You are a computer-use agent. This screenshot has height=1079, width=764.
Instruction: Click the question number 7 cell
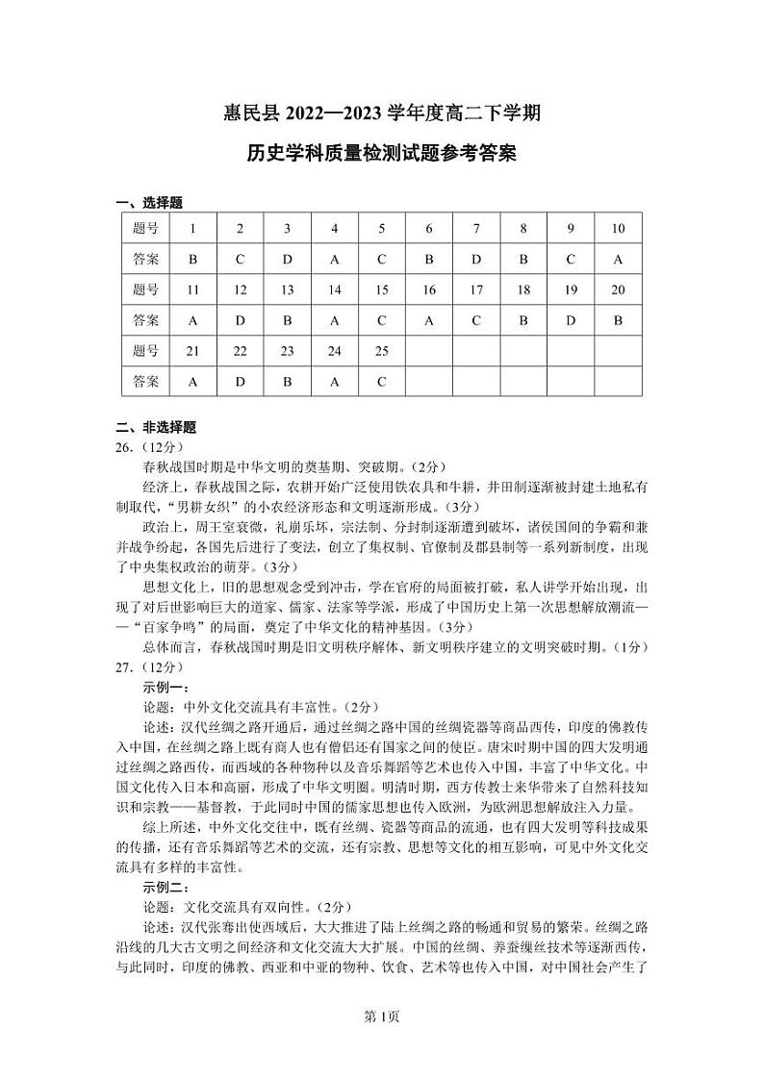(x=476, y=229)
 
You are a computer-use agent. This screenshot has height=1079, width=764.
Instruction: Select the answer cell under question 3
(x=287, y=259)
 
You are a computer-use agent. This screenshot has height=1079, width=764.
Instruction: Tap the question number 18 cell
(x=523, y=289)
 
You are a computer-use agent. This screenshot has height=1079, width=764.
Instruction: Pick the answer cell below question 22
(x=240, y=382)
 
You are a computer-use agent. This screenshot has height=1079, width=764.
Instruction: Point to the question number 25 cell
(x=382, y=351)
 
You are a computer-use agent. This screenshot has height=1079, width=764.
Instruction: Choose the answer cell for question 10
(x=618, y=259)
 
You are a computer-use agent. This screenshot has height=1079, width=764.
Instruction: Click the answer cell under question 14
(x=335, y=320)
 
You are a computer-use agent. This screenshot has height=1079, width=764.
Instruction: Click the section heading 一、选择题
(x=149, y=203)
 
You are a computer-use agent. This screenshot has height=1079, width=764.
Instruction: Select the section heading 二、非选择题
(x=156, y=428)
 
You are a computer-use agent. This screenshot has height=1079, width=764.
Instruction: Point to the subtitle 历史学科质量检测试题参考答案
(x=381, y=154)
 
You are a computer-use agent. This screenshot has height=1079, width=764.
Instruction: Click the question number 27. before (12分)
(x=124, y=666)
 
